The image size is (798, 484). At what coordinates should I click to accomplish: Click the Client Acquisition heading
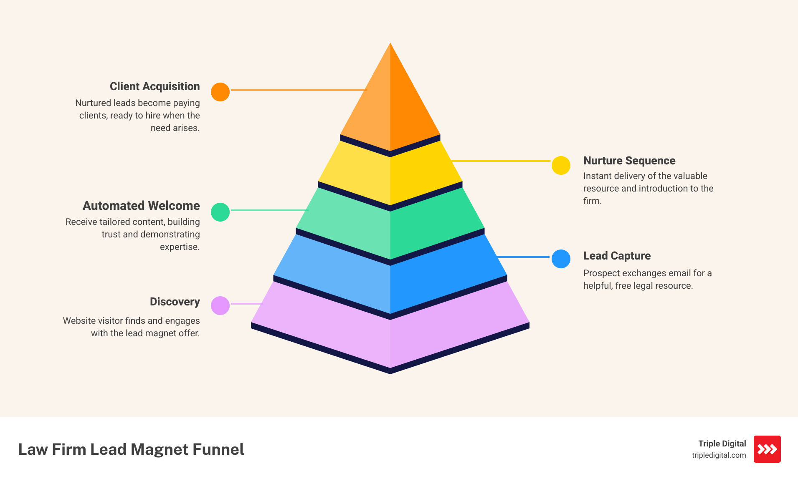click(155, 86)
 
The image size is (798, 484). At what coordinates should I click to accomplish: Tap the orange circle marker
click(220, 92)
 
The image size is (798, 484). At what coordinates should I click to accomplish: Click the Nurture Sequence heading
click(629, 161)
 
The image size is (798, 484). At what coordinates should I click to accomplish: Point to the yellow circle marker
click(561, 166)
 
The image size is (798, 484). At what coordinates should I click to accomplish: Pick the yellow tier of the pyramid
click(390, 175)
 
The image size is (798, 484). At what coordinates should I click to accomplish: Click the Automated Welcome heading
click(141, 206)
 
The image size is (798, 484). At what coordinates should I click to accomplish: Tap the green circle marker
click(220, 212)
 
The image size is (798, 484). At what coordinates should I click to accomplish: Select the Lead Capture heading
click(617, 256)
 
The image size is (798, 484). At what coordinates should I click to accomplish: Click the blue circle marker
click(561, 259)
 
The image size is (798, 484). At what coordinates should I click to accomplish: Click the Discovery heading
click(175, 302)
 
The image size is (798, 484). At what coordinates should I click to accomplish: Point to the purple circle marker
click(220, 305)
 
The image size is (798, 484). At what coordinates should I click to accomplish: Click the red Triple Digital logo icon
click(767, 449)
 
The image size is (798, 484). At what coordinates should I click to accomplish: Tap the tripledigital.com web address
click(719, 455)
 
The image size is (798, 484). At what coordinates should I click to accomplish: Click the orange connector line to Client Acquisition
click(298, 90)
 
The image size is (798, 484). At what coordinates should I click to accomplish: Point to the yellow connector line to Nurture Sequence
click(501, 161)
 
